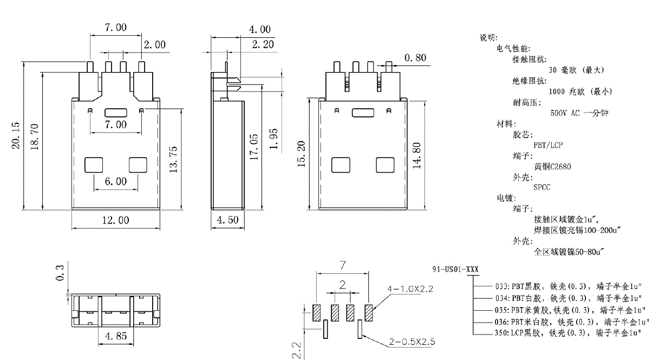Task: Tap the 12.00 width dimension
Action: (116, 220)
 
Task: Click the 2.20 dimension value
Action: (263, 44)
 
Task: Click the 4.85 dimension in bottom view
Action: (116, 336)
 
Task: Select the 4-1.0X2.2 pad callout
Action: (410, 289)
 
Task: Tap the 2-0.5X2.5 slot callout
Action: (412, 342)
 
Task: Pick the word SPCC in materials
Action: (543, 188)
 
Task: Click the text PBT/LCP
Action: (548, 145)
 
